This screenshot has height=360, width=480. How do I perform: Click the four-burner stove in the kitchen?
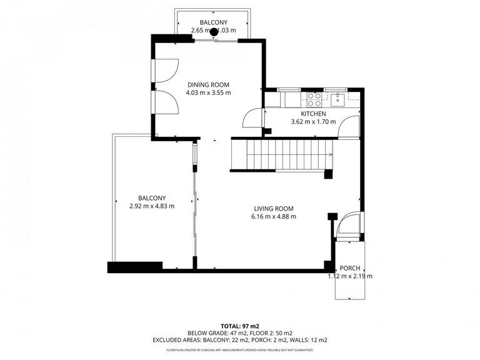(314, 99)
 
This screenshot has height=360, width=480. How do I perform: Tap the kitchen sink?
(337, 98)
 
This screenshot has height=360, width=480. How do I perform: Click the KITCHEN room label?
(313, 114)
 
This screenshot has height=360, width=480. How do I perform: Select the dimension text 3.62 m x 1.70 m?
(313, 122)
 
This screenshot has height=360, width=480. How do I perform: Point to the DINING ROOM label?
(208, 84)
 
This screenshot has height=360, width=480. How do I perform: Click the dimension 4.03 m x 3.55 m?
(208, 92)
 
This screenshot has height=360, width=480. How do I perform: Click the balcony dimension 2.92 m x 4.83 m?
(151, 206)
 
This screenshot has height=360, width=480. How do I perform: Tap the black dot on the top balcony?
(214, 32)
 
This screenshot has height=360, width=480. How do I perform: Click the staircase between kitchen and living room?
(281, 154)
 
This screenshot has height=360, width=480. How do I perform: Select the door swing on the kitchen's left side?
(253, 118)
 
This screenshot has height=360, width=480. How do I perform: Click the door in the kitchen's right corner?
(351, 126)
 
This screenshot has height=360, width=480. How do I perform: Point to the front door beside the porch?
(348, 224)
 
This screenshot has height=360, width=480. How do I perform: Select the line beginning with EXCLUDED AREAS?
(239, 340)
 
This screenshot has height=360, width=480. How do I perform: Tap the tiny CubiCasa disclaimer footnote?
(239, 351)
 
